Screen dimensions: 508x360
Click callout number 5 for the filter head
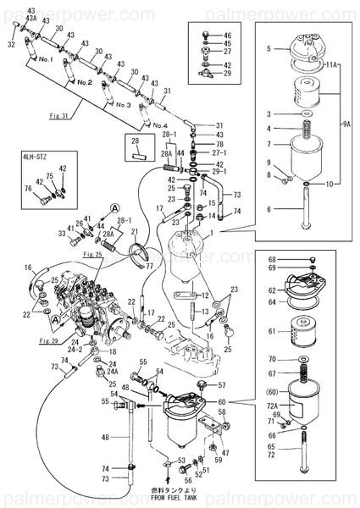click(x=269, y=49)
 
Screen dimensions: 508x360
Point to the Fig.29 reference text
click(x=49, y=340)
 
